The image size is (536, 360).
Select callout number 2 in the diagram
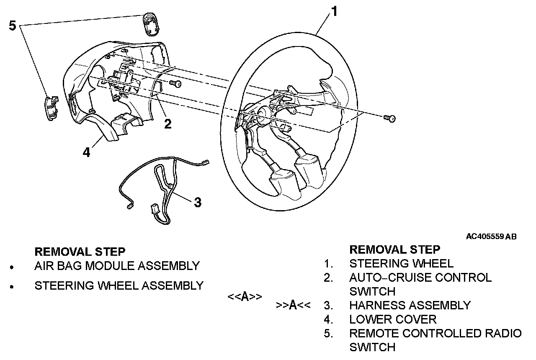(167, 124)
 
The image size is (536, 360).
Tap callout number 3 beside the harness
(197, 202)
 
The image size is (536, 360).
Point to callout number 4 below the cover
(86, 152)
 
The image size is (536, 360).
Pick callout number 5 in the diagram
(13, 26)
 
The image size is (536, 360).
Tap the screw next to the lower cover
(176, 84)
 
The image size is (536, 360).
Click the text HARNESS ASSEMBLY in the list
(410, 305)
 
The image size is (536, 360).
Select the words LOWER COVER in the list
(393, 319)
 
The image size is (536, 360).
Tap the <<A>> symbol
(245, 297)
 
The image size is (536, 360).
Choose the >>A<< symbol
(293, 305)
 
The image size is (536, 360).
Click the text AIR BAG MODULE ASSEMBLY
(117, 265)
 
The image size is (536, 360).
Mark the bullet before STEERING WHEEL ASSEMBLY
(14, 287)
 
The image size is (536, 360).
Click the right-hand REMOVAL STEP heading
(394, 249)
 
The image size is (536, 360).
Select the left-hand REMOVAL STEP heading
(80, 252)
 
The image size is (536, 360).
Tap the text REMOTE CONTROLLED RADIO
(435, 333)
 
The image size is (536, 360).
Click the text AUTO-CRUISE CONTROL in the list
(420, 278)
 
